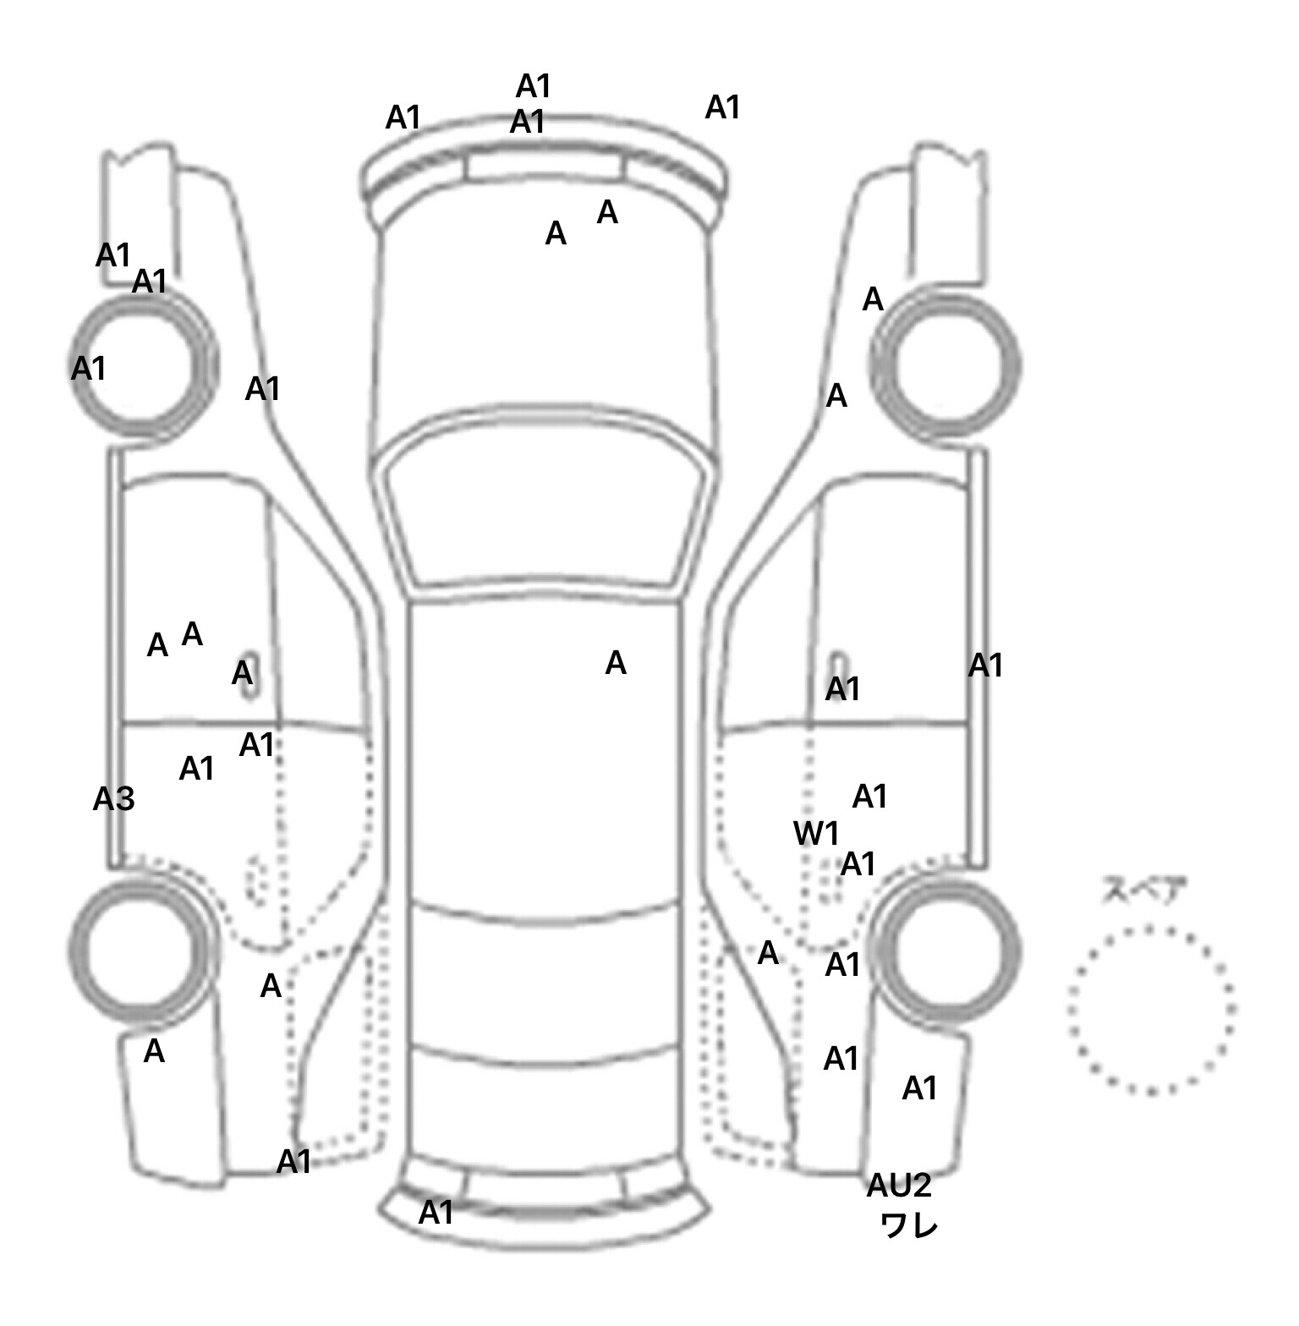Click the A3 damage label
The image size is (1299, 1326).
tap(113, 799)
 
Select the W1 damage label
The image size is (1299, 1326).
tap(816, 834)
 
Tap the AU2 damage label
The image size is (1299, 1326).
tap(898, 1186)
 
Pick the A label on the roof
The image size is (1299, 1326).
tap(616, 664)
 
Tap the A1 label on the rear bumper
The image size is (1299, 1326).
tap(436, 1213)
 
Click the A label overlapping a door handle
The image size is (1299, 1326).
tap(243, 674)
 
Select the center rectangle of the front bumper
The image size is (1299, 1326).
tap(545, 167)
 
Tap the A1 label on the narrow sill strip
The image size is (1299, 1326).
tap(985, 666)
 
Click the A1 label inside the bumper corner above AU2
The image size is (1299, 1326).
tap(919, 1088)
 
